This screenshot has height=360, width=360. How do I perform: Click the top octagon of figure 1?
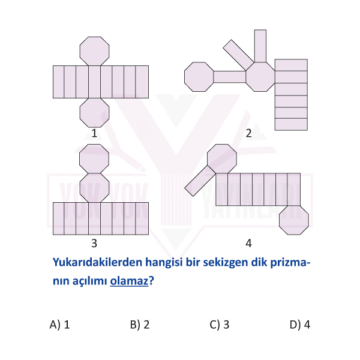(x=94, y=51)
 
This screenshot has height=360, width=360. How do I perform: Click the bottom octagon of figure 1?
(x=94, y=113)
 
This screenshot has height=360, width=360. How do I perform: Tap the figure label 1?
(x=94, y=133)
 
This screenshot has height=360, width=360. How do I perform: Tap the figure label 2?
(x=248, y=133)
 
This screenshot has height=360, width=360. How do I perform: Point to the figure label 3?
(x=94, y=243)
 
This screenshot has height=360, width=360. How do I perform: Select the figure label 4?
(x=248, y=243)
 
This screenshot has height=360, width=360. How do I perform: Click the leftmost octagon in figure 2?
(x=199, y=77)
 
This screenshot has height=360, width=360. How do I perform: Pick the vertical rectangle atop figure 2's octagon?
(x=260, y=46)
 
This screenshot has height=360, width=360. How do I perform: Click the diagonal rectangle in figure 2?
(x=239, y=55)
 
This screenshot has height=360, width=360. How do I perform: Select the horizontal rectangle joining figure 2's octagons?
(x=230, y=77)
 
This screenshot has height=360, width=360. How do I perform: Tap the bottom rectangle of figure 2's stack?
(x=291, y=124)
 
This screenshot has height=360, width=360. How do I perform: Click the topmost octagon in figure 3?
(x=94, y=159)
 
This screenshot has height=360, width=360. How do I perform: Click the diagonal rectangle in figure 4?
(x=200, y=181)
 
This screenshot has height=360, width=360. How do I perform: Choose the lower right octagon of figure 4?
(x=294, y=220)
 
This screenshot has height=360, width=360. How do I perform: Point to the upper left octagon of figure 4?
(x=222, y=159)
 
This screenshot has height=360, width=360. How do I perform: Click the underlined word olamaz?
(x=129, y=281)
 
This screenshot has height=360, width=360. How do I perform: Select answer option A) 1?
(x=59, y=325)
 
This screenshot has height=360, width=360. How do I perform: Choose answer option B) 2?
(x=140, y=325)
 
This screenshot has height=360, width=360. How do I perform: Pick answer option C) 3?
(x=220, y=325)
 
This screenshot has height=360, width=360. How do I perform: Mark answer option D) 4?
(x=300, y=325)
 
